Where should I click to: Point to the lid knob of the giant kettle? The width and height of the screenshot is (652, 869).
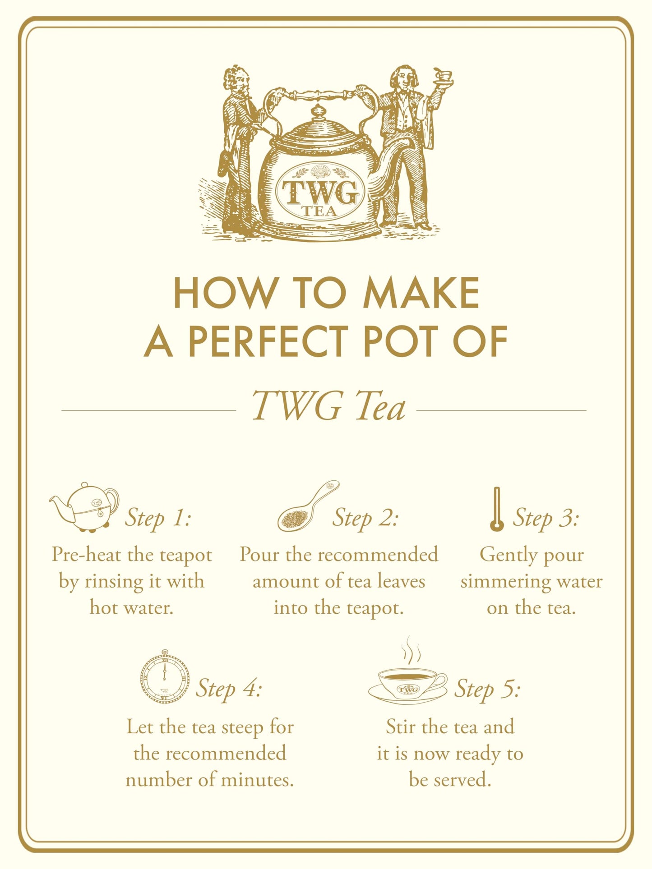[319, 110]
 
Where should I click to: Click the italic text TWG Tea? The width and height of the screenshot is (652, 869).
[328, 406]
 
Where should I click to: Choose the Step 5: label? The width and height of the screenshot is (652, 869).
[487, 689]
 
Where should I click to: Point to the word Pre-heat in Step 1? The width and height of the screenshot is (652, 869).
[86, 555]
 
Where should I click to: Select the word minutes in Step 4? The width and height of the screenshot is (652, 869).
[261, 780]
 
